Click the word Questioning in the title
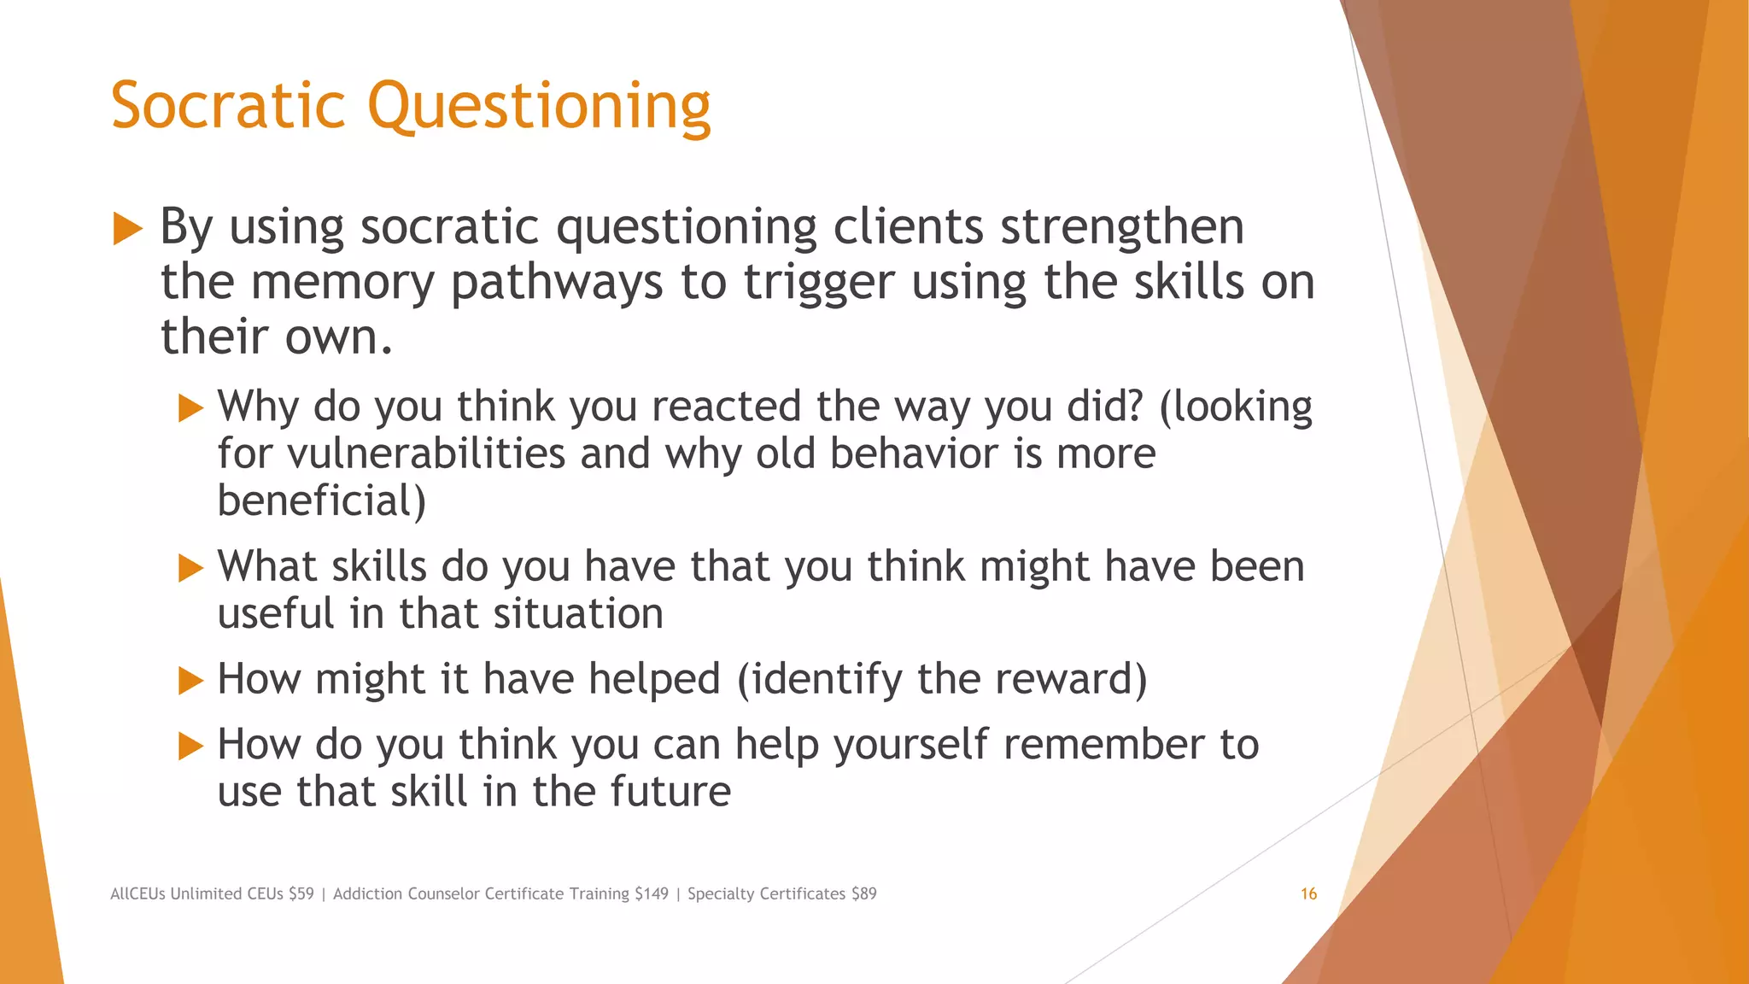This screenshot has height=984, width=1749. point(539,107)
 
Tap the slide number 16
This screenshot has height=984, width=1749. point(1308,893)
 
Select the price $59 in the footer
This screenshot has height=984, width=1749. point(301,893)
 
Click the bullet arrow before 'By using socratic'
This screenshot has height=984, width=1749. point(127,229)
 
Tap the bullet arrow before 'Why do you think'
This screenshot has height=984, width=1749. point(190,407)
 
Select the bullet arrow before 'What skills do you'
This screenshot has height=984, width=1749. point(190,567)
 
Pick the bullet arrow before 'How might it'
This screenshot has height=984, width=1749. point(190,681)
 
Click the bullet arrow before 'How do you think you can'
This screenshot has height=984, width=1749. point(190,746)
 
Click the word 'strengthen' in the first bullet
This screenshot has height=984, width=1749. point(1121,227)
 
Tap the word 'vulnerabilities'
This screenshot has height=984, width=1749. point(426,453)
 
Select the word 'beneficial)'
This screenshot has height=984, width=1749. point(321,501)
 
